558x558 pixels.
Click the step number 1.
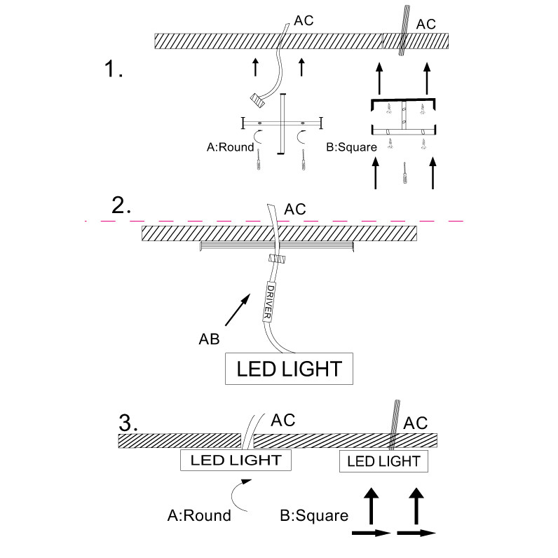113,69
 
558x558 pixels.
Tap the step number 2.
121,205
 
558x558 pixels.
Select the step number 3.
129,423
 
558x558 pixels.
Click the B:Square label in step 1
352,147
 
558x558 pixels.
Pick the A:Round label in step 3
199,516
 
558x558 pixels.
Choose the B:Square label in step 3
314,516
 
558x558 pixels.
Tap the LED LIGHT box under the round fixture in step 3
236,461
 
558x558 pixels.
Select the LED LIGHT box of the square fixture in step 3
383,461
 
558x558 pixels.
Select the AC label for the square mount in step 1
426,24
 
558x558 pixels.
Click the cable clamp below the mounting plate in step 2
277,257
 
